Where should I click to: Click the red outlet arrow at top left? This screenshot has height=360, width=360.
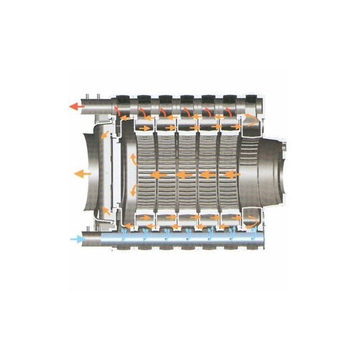pyautogui.click(x=76, y=107)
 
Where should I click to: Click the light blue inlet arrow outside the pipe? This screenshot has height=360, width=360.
pyautogui.click(x=76, y=239)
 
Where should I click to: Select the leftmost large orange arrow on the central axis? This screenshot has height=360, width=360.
pyautogui.click(x=158, y=175)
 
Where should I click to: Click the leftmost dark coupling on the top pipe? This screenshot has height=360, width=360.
pyautogui.click(x=125, y=99)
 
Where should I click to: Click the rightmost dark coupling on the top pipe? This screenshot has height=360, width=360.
pyautogui.click(x=252, y=99)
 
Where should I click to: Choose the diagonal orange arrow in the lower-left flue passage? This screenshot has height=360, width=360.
pyautogui.click(x=106, y=211)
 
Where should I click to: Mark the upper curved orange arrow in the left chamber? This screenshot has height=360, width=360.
pyautogui.click(x=131, y=159)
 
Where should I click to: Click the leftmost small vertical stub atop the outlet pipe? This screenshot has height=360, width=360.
pyautogui.click(x=88, y=97)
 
